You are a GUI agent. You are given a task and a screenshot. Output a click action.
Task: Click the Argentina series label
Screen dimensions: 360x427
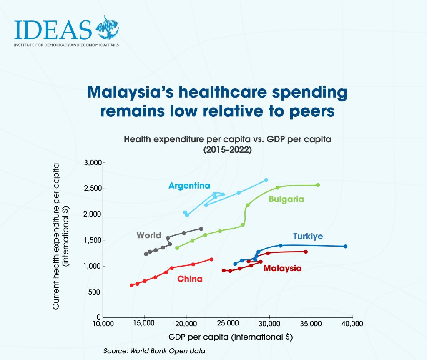pos(189,186)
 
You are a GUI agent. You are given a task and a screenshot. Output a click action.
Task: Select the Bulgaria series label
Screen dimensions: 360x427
pos(286,199)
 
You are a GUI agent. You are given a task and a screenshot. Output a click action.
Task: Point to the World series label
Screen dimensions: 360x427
pos(149,235)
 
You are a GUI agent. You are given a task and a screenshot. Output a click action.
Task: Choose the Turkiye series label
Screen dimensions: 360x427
pos(308,237)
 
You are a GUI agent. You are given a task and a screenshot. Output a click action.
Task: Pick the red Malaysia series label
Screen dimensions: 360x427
pos(282,268)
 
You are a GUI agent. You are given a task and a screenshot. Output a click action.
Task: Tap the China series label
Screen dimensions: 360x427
pos(190,279)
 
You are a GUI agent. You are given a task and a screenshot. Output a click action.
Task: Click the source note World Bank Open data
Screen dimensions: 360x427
pos(154,351)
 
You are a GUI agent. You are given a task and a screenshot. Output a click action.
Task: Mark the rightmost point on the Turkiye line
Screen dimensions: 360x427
pos(345,246)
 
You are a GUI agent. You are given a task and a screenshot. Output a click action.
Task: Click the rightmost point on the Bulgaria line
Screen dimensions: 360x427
pos(318,185)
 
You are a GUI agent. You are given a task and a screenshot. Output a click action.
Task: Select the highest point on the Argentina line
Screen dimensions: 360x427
pos(266,180)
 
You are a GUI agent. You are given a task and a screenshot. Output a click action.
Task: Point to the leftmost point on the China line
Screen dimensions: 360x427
pos(132,285)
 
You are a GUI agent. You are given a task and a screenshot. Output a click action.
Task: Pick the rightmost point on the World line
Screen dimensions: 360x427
pos(201,229)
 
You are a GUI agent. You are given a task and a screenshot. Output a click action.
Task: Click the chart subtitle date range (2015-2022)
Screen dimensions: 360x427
pos(227,150)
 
